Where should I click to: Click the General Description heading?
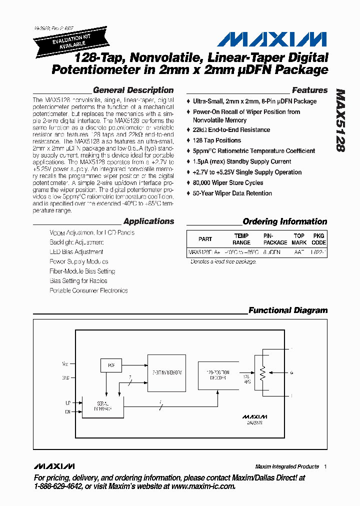133,90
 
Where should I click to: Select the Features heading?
309,90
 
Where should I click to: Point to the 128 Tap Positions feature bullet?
217,140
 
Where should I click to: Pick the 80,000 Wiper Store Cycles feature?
228,182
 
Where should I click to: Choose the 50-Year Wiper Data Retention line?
232,193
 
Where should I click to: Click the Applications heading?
148,221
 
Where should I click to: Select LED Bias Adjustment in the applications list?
76,252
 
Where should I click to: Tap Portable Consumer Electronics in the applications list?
88,290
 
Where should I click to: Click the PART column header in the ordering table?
205,239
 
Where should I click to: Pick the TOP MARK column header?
299,239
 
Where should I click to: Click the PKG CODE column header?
318,239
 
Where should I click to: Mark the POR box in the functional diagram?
111,365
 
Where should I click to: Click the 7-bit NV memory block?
166,373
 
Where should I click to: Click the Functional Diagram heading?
288,310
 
